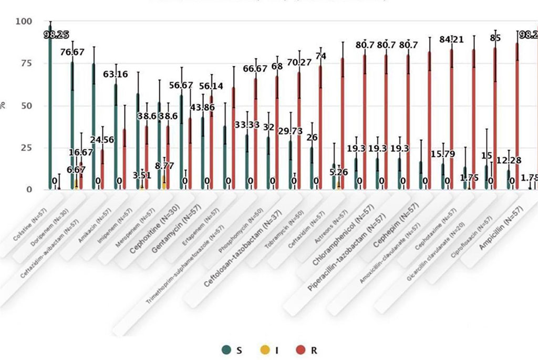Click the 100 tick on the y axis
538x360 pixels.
24,22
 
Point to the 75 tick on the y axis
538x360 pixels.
26,64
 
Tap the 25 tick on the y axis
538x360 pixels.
26,148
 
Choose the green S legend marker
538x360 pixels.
226,349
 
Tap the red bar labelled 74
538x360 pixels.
320,126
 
